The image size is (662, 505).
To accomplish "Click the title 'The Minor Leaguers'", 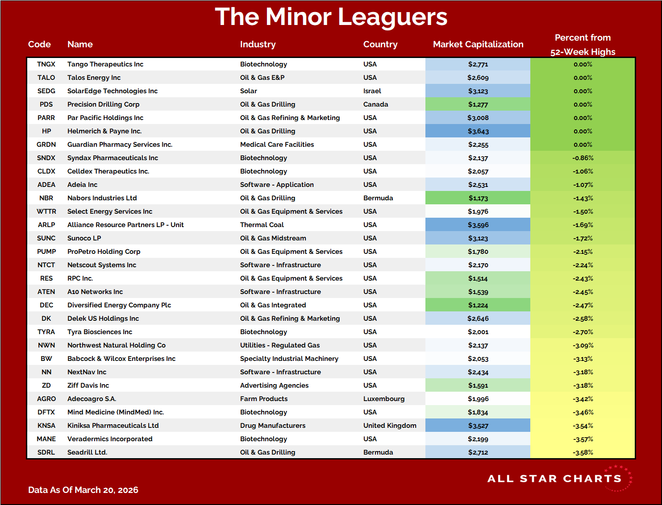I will tap(331, 17).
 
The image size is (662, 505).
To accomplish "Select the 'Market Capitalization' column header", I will tap(478, 44).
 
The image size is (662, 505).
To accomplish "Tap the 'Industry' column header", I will tap(258, 44).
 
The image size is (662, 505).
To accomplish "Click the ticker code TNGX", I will tap(46, 64).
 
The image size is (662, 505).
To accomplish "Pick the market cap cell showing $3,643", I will tap(478, 131).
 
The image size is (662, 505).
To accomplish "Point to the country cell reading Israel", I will tap(372, 91).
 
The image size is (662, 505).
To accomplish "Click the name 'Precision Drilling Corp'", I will tap(103, 104).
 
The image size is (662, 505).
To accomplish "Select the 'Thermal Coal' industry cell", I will tap(262, 225).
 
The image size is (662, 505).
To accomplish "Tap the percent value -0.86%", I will tap(583, 158).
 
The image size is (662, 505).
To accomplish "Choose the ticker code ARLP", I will tap(46, 225).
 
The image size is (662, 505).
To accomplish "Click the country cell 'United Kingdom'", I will tap(389, 426).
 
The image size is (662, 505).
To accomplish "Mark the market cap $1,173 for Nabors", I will tap(478, 198).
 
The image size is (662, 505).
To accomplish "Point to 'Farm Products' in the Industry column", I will tap(263, 399).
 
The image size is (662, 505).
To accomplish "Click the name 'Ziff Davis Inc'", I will tap(88, 385).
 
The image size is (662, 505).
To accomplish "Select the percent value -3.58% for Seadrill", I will tap(583, 452).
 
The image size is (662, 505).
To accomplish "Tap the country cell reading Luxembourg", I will tap(383, 399).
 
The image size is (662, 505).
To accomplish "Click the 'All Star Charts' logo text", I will tap(554, 479).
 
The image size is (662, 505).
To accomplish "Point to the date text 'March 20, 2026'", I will tap(106, 490).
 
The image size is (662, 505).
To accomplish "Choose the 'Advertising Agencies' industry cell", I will tap(274, 385).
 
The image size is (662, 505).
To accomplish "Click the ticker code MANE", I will tap(46, 439).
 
